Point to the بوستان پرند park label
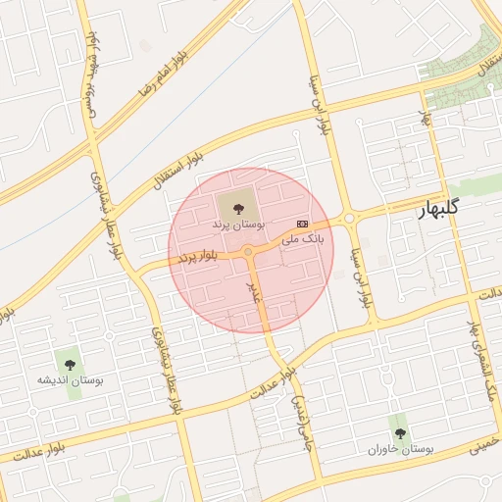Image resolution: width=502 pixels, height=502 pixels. (232, 225)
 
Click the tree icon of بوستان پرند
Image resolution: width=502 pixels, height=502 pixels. (235, 207)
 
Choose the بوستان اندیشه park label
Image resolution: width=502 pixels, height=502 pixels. (71, 379)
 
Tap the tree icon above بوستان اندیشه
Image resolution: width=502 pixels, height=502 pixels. (70, 365)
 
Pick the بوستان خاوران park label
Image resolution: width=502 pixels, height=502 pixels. (401, 448)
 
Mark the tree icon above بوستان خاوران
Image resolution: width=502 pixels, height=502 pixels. (399, 432)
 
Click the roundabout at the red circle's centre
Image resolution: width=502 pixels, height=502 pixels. (249, 252)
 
